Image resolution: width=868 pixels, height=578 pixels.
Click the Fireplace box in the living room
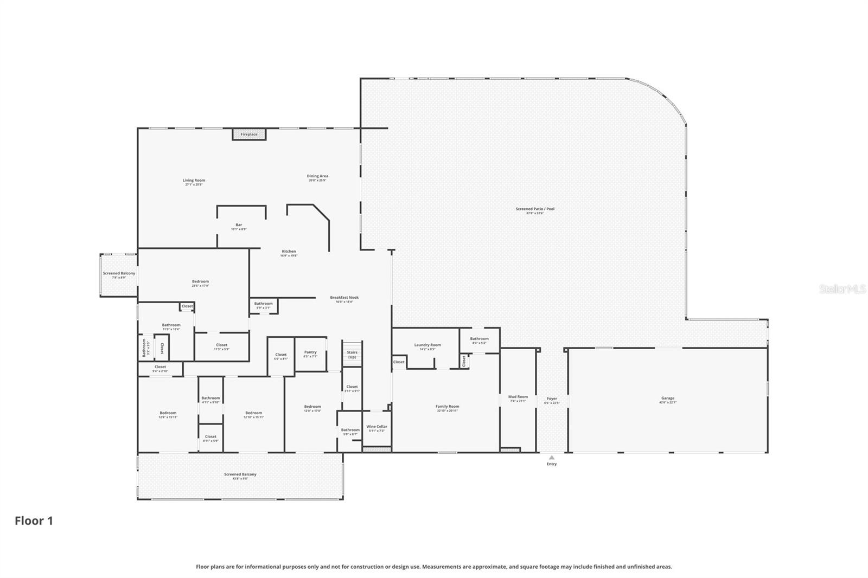pyautogui.click(x=249, y=134)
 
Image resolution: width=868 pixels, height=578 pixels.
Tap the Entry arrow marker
pyautogui.click(x=551, y=458)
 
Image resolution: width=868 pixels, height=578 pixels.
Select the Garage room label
pyautogui.click(x=667, y=399)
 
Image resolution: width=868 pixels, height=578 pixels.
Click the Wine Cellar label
pyautogui.click(x=376, y=427)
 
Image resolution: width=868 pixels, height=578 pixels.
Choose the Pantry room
pyautogui.click(x=310, y=354)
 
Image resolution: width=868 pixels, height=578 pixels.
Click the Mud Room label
pyautogui.click(x=518, y=397)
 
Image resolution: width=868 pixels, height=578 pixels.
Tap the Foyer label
pyautogui.click(x=551, y=399)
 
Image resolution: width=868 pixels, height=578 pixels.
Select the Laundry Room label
pyautogui.click(x=427, y=345)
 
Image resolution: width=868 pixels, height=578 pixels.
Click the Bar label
pyautogui.click(x=239, y=225)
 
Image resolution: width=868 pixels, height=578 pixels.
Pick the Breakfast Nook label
pyautogui.click(x=344, y=298)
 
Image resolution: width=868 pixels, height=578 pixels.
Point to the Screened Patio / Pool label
pyautogui.click(x=535, y=209)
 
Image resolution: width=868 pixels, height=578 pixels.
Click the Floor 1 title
pyautogui.click(x=34, y=521)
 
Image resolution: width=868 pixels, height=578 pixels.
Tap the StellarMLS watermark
pyautogui.click(x=842, y=290)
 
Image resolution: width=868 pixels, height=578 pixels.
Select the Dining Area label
pyautogui.click(x=317, y=176)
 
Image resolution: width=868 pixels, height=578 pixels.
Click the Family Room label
pyautogui.click(x=447, y=407)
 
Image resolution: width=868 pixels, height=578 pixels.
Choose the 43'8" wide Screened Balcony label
pyautogui.click(x=240, y=474)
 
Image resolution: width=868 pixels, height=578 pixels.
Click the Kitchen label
pyautogui.click(x=289, y=252)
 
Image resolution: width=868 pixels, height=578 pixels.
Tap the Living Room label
pyautogui.click(x=194, y=181)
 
